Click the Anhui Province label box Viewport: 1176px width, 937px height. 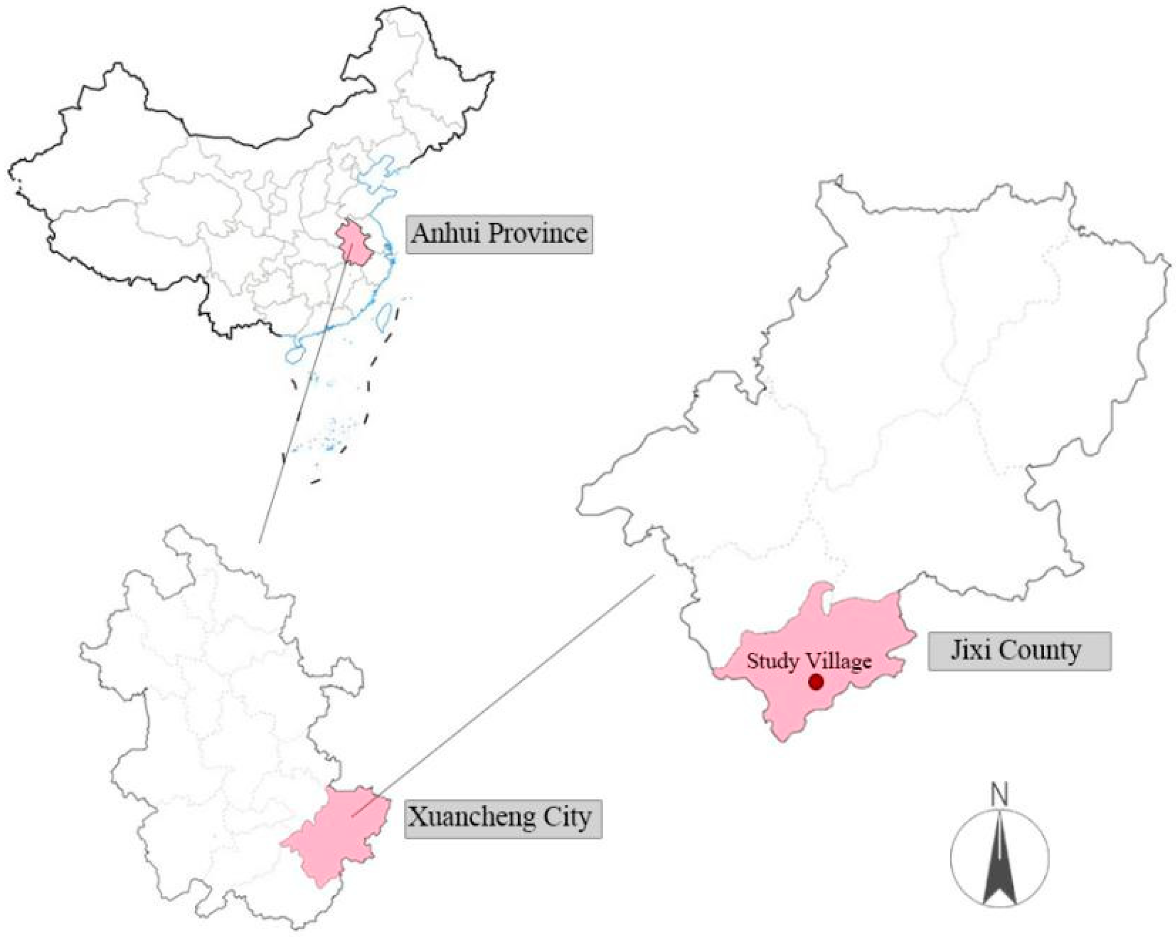point(498,234)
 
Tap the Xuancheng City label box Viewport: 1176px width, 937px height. point(503,819)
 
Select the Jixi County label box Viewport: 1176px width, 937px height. point(1019,651)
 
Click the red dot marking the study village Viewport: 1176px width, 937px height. point(816,682)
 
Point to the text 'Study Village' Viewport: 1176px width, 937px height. point(809,661)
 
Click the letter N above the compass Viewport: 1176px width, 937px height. point(1000,795)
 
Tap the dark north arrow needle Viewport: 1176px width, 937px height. point(1000,868)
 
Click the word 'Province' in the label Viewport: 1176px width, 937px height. point(537,234)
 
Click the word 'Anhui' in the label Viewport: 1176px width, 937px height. point(446,234)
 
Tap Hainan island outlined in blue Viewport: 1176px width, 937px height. point(295,354)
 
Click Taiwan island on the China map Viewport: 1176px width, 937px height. point(386,317)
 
